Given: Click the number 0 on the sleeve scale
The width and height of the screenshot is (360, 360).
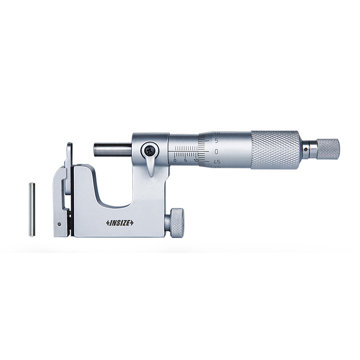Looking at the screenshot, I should [175, 160].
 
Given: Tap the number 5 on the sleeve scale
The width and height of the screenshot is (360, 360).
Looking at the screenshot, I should [185, 160].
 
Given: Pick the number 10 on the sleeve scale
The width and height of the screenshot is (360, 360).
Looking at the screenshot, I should [195, 160].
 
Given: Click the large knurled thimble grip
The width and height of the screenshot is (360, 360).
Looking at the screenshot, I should [274, 150].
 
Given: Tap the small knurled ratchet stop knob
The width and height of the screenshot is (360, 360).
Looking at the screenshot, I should [328, 149].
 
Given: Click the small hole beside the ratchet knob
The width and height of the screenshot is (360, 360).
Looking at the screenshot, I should [307, 147].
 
